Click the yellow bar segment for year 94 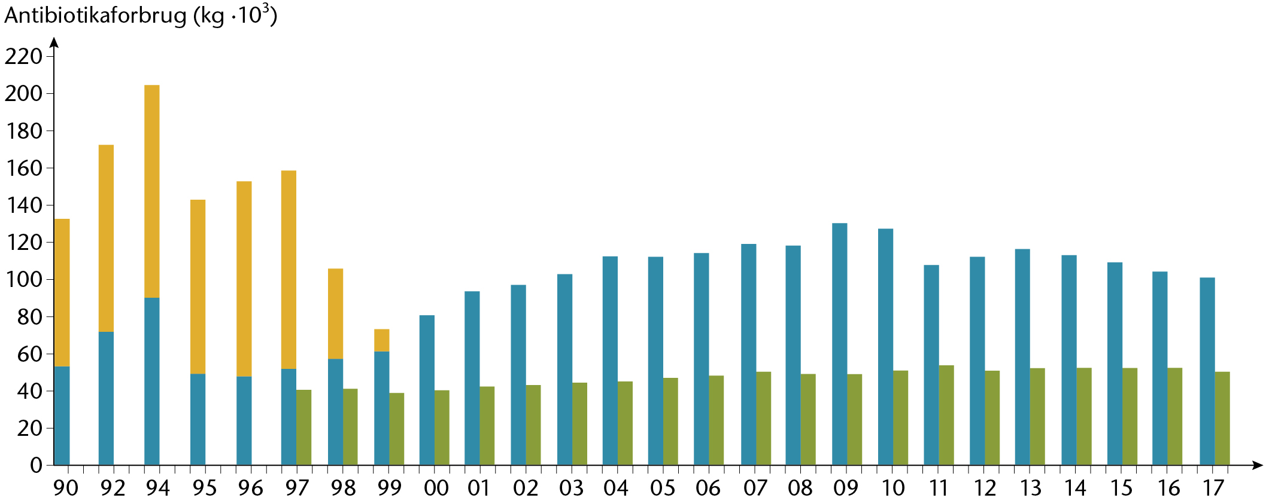click(x=152, y=191)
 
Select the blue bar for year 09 click(x=840, y=344)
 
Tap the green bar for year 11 click(x=946, y=416)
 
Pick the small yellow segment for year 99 click(x=382, y=340)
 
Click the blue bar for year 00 click(x=427, y=390)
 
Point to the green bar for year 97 click(x=304, y=427)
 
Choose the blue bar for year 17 click(x=1207, y=371)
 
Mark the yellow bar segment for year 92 click(x=106, y=239)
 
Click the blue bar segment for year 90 click(x=62, y=416)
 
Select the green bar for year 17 click(x=1222, y=419)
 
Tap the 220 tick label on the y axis click(x=24, y=57)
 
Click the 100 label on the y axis click(x=24, y=280)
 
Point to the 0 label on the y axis click(x=37, y=465)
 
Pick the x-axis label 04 click(x=616, y=488)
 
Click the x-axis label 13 click(x=1030, y=488)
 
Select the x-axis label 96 click(x=250, y=488)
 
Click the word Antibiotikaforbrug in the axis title click(x=96, y=16)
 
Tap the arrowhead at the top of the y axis click(x=54, y=42)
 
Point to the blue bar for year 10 click(x=885, y=347)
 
